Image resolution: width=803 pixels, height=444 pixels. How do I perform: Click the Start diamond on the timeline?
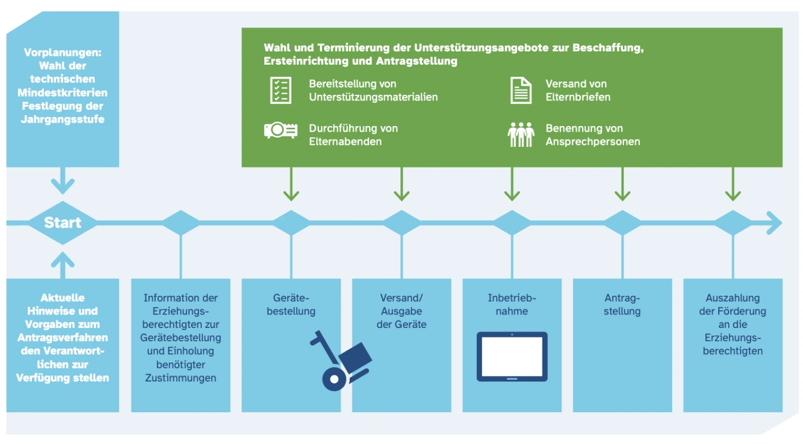[62, 223]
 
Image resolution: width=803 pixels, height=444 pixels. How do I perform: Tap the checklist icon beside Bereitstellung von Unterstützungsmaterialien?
[281, 90]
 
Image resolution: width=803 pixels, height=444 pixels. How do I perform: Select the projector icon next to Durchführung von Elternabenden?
[280, 131]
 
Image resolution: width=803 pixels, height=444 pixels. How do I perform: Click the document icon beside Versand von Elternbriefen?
[521, 90]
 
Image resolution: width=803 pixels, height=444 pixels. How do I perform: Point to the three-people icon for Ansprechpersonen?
[521, 135]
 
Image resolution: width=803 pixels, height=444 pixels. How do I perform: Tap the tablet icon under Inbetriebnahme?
[512, 357]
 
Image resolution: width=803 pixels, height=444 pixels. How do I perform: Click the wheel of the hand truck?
[334, 379]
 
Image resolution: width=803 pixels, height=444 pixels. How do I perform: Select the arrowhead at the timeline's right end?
[775, 223]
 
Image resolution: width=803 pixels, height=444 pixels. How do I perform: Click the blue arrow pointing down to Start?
[62, 183]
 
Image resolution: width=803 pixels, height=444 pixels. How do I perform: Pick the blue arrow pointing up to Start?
[62, 264]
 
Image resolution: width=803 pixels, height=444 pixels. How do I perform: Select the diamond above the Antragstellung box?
[622, 223]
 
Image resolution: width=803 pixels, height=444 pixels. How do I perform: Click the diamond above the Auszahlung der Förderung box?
[733, 223]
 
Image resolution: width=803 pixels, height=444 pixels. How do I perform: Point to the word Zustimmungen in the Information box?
[180, 378]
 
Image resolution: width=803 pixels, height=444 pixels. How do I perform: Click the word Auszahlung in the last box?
[732, 298]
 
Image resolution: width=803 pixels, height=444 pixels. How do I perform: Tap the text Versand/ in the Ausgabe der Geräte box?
[401, 298]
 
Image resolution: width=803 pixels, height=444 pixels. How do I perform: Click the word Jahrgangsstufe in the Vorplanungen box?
[62, 119]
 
